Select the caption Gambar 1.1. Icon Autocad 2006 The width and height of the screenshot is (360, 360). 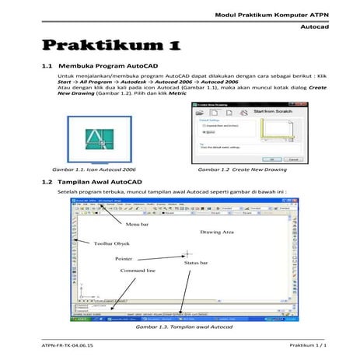(x=93, y=169)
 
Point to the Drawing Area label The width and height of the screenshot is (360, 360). (x=216, y=232)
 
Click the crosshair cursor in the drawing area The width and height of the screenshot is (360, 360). (x=187, y=253)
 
